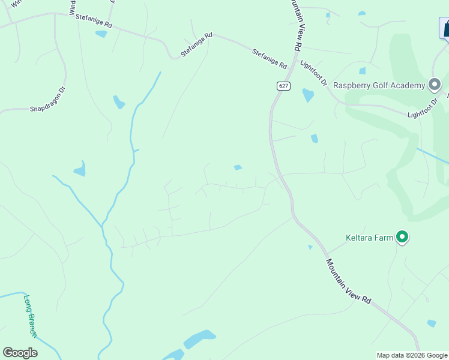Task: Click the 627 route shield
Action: pyautogui.click(x=284, y=86)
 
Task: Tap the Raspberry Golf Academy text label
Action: pyautogui.click(x=379, y=85)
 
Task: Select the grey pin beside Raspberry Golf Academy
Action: pyautogui.click(x=434, y=85)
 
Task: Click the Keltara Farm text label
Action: pyautogui.click(x=369, y=238)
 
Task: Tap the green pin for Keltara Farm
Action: pyautogui.click(x=403, y=238)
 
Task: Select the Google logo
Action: pyautogui.click(x=20, y=353)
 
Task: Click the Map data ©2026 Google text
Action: pyautogui.click(x=412, y=355)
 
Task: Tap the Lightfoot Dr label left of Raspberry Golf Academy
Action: pyautogui.click(x=313, y=73)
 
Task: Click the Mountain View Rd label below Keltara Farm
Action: pyautogui.click(x=349, y=284)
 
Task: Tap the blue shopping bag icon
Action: pyautogui.click(x=446, y=28)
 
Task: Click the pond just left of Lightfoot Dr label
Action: pyautogui.click(x=308, y=95)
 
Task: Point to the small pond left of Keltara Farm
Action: pyautogui.click(x=310, y=247)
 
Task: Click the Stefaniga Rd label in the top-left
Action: pyautogui.click(x=94, y=21)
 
